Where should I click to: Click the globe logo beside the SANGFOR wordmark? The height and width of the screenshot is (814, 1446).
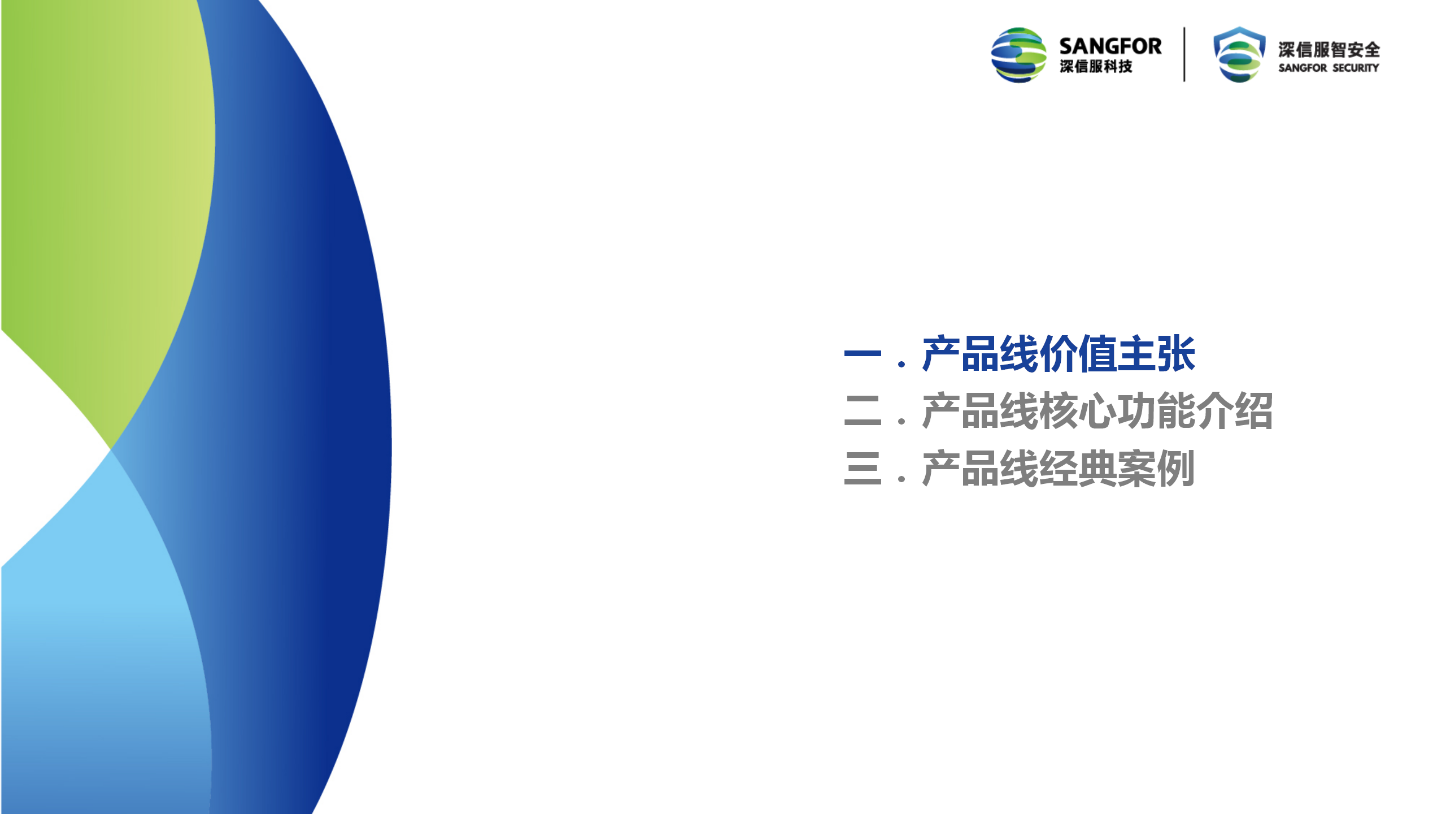click(x=1018, y=55)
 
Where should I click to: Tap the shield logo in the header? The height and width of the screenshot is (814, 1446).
click(x=1239, y=54)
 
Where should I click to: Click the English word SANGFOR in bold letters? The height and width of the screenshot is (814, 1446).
click(x=1110, y=46)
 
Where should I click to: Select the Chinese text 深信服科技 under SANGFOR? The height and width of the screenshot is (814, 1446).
click(x=1096, y=67)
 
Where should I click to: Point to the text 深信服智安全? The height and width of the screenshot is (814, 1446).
click(x=1329, y=50)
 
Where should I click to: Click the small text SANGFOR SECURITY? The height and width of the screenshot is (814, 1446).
click(x=1329, y=68)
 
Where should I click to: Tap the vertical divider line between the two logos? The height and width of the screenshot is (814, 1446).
click(x=1184, y=54)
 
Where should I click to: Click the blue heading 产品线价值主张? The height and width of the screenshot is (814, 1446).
click(x=1059, y=354)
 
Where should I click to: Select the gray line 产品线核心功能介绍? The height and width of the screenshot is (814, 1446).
click(x=1097, y=411)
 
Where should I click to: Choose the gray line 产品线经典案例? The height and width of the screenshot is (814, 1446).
click(x=1058, y=469)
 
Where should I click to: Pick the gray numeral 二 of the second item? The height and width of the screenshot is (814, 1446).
click(x=863, y=411)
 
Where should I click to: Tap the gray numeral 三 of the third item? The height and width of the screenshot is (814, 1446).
click(x=863, y=469)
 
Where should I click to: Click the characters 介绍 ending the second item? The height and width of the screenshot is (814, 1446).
click(x=1235, y=411)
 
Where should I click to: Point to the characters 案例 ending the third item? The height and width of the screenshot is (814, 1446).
click(x=1156, y=469)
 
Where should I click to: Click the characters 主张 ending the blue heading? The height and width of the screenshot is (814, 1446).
click(x=1157, y=354)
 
